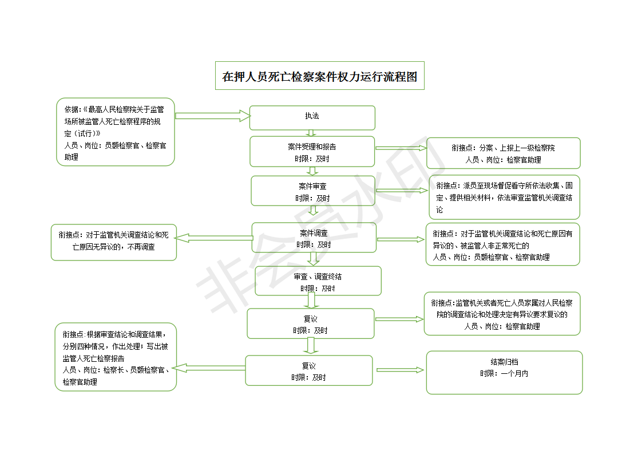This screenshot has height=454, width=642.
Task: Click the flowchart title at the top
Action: tap(319, 76)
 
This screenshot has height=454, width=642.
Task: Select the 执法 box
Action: tap(312, 117)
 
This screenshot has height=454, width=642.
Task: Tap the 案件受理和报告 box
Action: tap(312, 152)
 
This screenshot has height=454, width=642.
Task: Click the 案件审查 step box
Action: tap(313, 191)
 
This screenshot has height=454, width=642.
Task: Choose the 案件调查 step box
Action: tap(314, 238)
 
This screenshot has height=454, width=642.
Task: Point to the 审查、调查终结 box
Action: tap(318, 281)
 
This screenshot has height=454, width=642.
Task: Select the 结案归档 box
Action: tap(504, 373)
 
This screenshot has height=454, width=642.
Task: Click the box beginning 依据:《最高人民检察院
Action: tap(116, 132)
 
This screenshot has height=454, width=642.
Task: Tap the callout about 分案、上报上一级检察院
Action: tap(503, 153)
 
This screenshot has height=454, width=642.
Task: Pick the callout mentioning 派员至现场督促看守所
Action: tap(505, 197)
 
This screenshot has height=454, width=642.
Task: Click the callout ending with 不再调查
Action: tap(114, 242)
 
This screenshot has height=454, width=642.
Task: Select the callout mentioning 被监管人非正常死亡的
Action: tap(503, 244)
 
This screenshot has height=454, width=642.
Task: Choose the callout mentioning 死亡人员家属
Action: tap(502, 314)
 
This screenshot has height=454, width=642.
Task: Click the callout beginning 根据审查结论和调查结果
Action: tap(116, 357)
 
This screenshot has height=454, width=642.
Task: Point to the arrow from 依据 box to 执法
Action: tap(212, 116)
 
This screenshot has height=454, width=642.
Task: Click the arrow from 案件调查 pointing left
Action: tap(214, 238)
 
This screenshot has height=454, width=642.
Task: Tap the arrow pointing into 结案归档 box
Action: tap(399, 370)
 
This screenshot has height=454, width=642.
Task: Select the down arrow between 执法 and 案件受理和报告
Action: tap(311, 133)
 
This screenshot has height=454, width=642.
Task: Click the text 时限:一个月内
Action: tap(504, 374)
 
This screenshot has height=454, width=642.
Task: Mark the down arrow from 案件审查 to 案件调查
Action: tap(313, 210)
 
